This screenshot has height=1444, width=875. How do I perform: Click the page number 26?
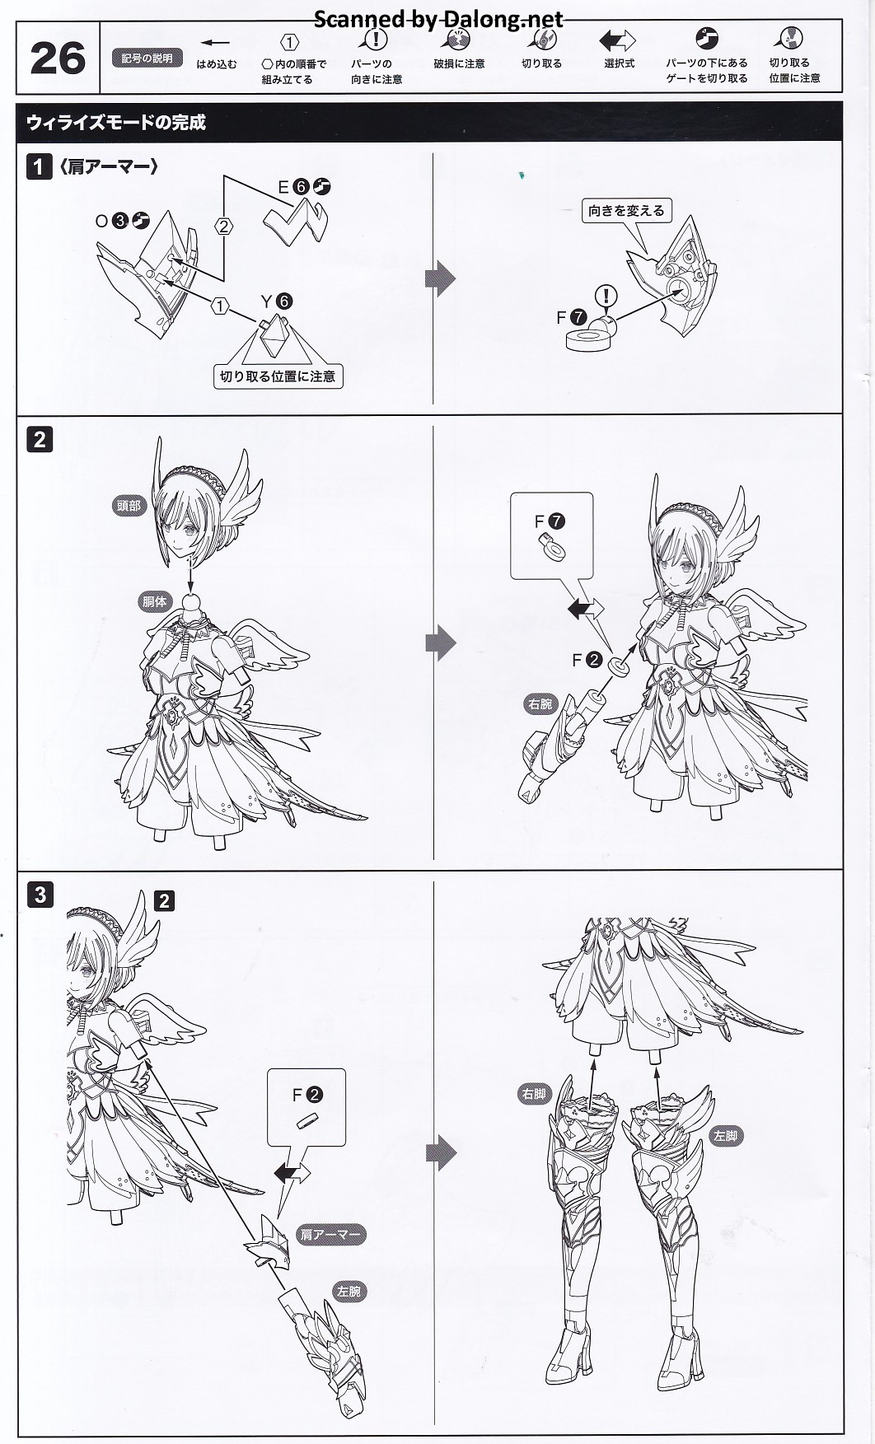click(57, 58)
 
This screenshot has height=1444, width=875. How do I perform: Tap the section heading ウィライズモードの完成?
click(116, 122)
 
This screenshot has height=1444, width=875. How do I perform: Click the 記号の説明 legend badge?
click(147, 58)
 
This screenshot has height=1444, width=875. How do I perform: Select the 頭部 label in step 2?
click(129, 506)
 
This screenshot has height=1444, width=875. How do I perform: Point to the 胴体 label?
click(154, 601)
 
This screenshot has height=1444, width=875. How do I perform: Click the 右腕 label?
click(540, 704)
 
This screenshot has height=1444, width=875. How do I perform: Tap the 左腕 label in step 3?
click(349, 1291)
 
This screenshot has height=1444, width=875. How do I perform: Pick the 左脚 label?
click(726, 1135)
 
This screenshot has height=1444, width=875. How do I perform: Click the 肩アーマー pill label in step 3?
click(330, 1235)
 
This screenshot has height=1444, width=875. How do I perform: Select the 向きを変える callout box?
click(626, 211)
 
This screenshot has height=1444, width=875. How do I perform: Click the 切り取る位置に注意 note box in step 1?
click(277, 376)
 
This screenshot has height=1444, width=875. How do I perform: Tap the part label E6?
click(304, 187)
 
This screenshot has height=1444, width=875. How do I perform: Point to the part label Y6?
click(277, 301)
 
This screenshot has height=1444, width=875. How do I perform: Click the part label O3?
click(122, 221)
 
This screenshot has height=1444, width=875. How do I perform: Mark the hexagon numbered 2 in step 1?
click(224, 226)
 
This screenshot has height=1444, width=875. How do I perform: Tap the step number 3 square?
click(40, 894)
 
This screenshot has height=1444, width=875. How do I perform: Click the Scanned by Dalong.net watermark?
click(438, 20)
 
